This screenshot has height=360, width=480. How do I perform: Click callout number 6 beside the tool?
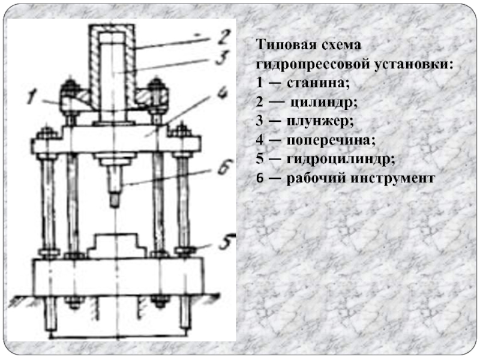click(x=224, y=169)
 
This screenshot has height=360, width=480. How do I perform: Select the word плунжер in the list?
click(x=319, y=120)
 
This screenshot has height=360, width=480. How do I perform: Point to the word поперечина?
click(x=326, y=140)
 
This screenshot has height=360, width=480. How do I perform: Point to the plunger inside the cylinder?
click(x=113, y=72)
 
